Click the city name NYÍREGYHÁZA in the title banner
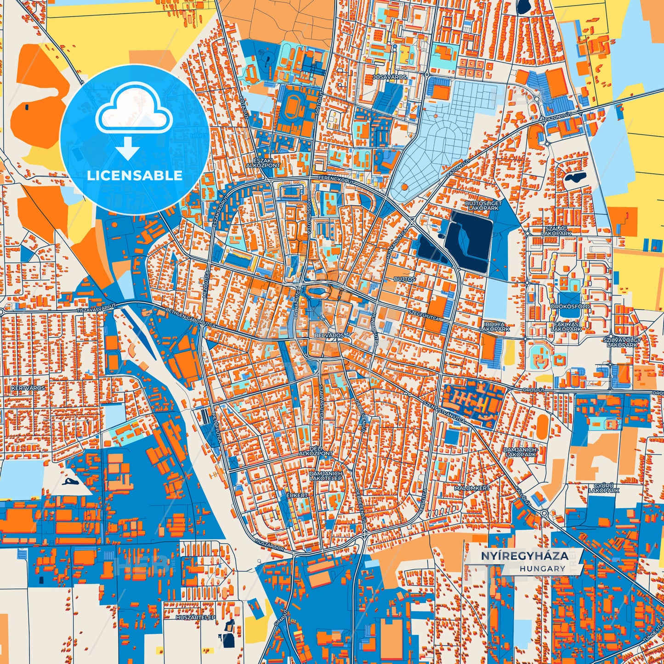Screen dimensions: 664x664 point(524,556)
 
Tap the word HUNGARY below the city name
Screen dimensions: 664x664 point(543,568)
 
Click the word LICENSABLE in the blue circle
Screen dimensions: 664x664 point(135,176)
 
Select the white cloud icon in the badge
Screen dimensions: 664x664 point(134,107)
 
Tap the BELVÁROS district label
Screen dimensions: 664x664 point(329,336)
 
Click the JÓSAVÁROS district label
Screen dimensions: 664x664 point(390,77)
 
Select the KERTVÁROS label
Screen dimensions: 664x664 point(26,388)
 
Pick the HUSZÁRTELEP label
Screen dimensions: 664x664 point(196,618)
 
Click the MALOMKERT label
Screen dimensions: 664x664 point(472,488)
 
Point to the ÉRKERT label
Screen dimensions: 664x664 point(297,495)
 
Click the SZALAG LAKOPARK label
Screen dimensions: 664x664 point(556,231)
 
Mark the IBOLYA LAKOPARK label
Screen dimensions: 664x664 point(494,327)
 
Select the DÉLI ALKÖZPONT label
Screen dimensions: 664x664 point(315,451)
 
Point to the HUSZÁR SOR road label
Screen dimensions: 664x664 point(269,545)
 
